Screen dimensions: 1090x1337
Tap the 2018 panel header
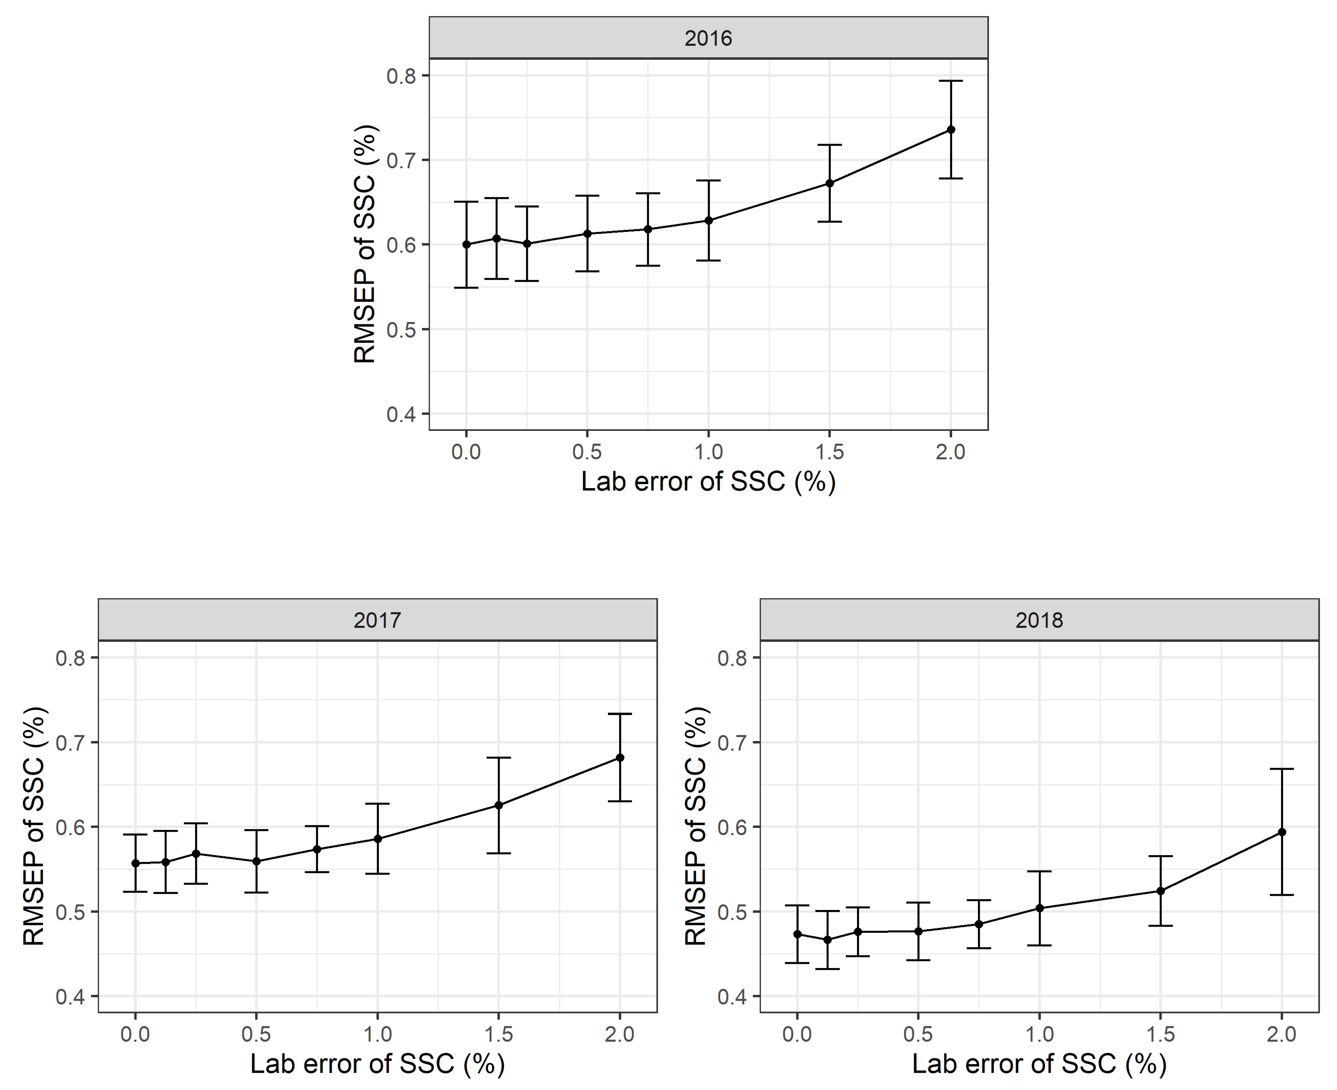pos(1039,620)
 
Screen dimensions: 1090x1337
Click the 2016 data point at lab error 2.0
pos(951,130)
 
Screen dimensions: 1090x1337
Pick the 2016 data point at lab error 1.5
pos(830,183)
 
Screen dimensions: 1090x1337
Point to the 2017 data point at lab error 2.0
pos(620,758)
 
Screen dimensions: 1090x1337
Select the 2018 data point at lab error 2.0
pos(1282,832)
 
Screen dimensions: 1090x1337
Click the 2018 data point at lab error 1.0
pos(1039,908)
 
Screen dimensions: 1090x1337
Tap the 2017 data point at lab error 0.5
pos(256,861)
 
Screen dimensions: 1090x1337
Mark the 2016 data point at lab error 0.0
pos(466,245)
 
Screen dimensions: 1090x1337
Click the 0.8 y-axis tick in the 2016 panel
pos(401,76)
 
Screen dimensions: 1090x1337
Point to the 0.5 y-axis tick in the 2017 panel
pos(70,912)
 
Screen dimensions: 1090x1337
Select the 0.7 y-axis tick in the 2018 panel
pos(732,743)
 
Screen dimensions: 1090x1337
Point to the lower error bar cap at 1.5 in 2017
pos(499,853)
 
